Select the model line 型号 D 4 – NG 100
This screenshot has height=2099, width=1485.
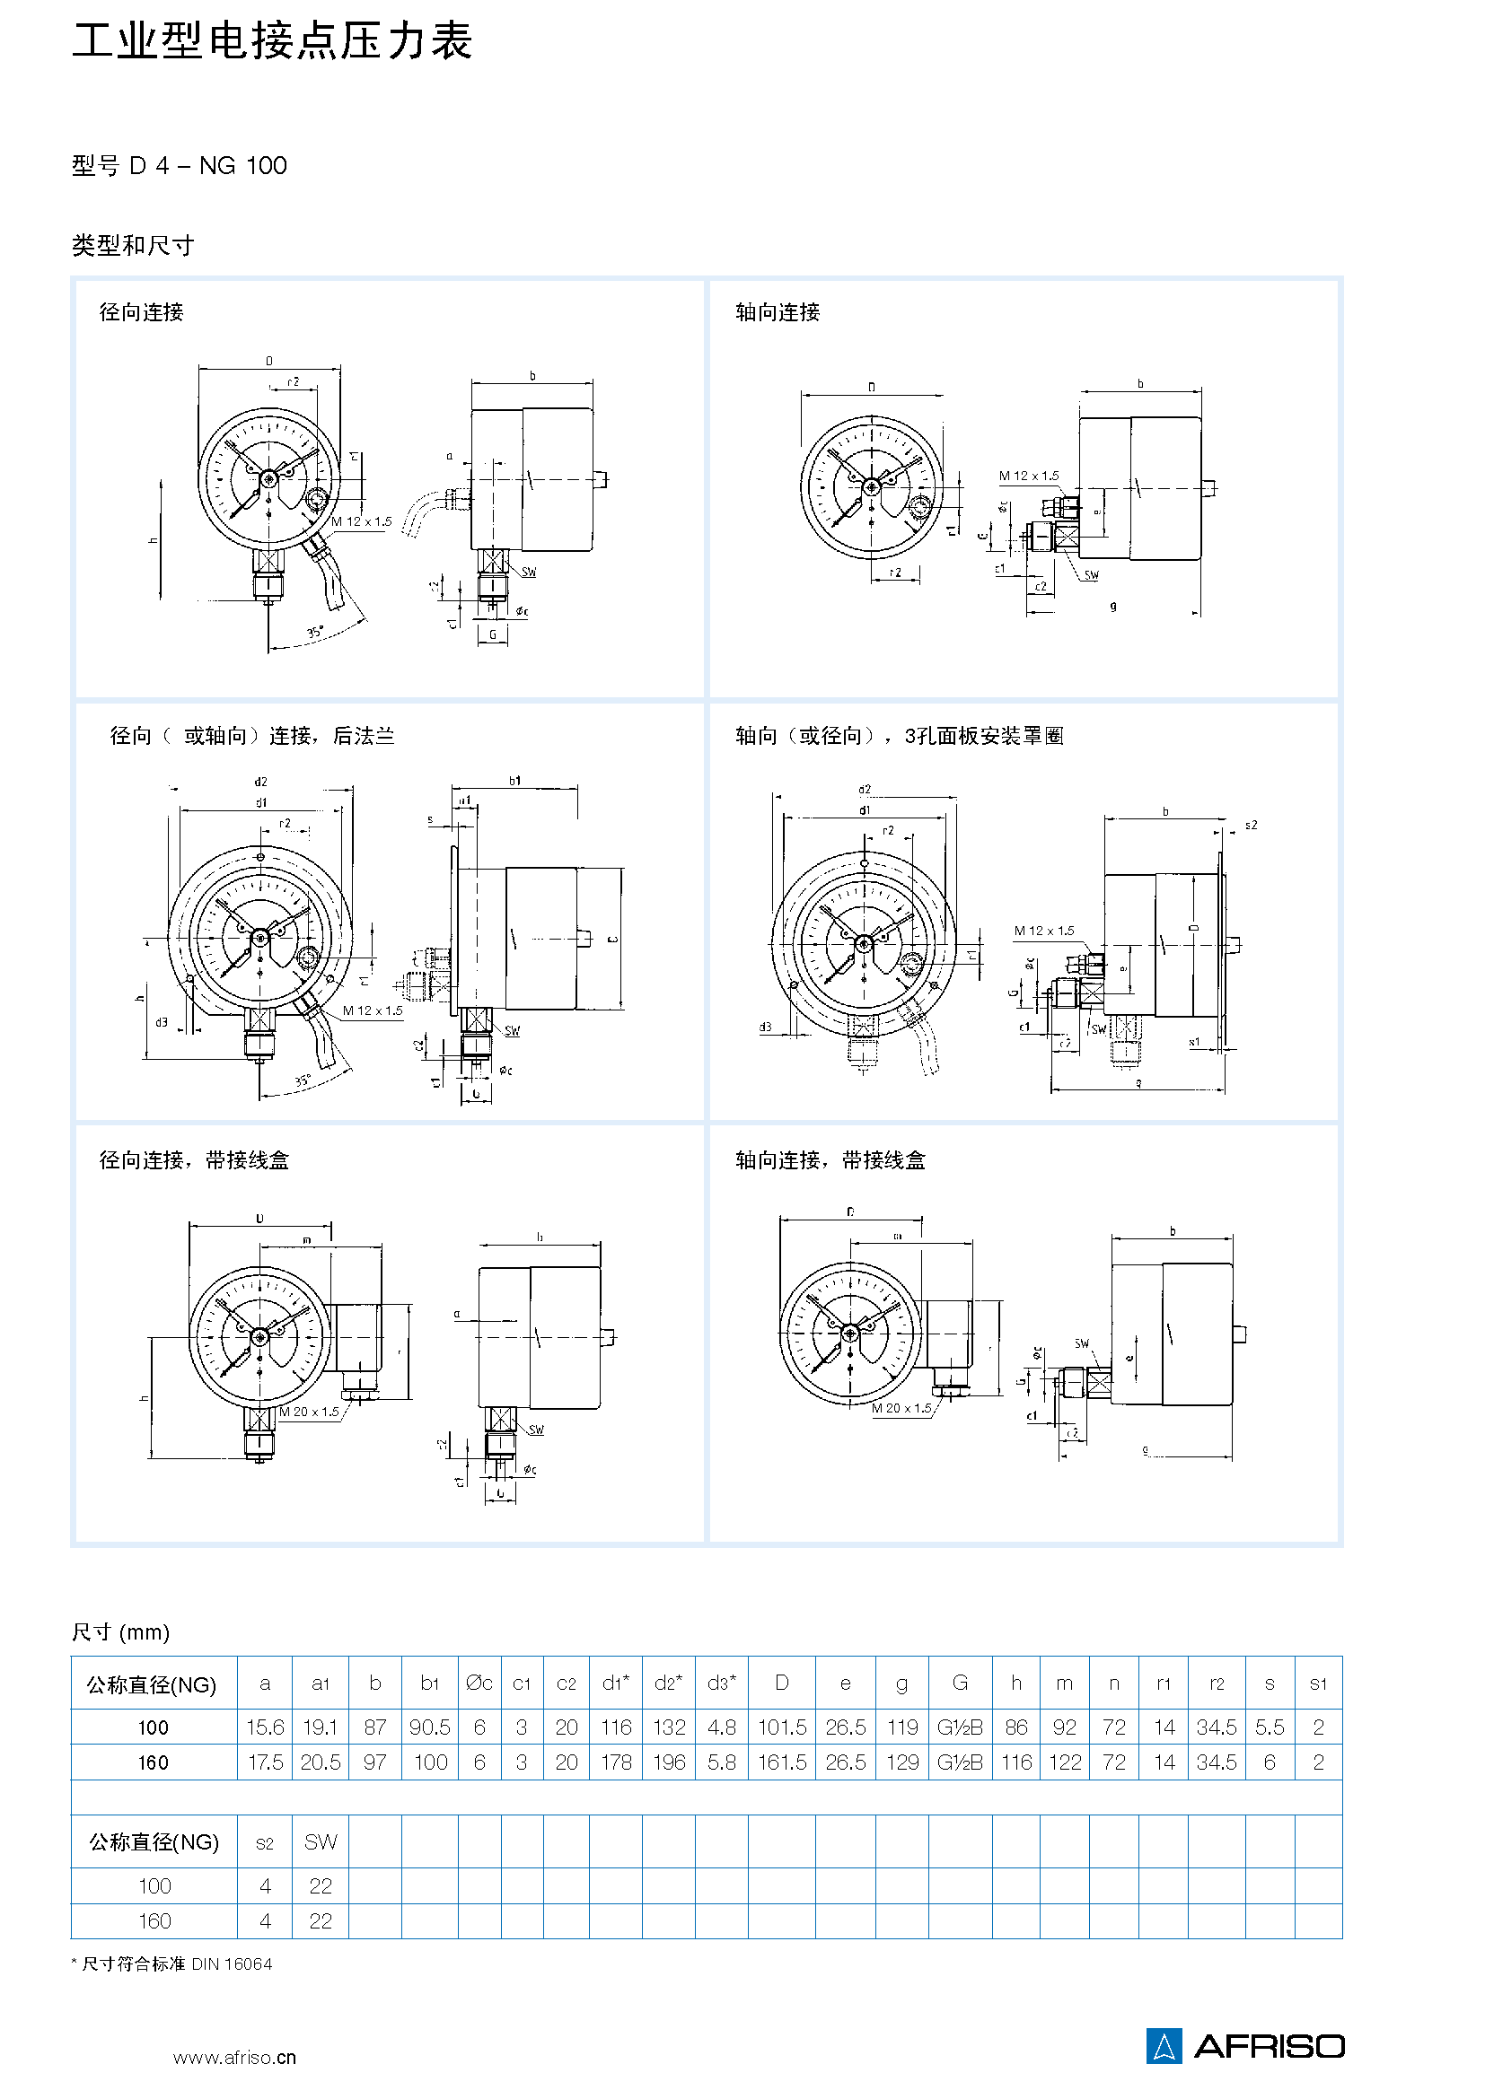coord(180,165)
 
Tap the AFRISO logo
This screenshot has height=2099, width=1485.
coord(1245,2045)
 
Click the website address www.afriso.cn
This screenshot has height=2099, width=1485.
coord(234,2057)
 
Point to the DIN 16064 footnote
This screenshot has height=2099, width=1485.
coord(171,1963)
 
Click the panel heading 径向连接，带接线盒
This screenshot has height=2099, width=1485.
coord(194,1160)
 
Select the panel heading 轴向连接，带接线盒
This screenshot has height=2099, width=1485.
coord(830,1160)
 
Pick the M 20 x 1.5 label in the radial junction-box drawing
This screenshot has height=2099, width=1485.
coord(309,1412)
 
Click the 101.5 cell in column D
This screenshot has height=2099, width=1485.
coord(782,1727)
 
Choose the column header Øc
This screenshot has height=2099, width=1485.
coord(479,1683)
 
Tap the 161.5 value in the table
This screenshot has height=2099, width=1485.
coord(782,1762)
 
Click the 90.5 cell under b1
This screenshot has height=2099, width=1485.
coord(430,1727)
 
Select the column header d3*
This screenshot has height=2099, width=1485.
coord(722,1683)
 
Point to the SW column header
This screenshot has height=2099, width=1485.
coord(320,1842)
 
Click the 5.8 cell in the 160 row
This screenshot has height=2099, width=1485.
coord(722,1762)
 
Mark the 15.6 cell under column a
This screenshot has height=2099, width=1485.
coord(265,1727)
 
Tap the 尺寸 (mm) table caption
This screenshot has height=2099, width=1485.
coord(120,1631)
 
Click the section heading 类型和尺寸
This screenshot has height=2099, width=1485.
coord(133,245)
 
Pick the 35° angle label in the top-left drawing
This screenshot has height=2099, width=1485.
coord(315,632)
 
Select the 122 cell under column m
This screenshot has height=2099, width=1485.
coord(1065,1762)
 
